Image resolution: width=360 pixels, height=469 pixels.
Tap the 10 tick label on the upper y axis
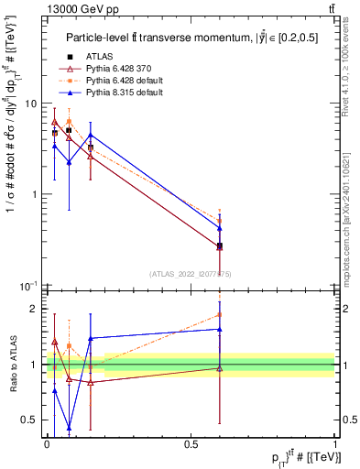(31, 104)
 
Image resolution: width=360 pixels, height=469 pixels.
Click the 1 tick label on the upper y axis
(35, 194)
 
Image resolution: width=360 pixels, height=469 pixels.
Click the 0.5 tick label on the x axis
(191, 443)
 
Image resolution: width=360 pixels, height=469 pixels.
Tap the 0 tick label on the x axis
(46, 443)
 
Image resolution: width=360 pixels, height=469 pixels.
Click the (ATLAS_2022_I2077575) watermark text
(191, 273)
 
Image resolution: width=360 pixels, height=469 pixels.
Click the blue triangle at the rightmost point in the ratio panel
(220, 329)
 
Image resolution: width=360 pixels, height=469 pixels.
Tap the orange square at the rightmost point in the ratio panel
(220, 314)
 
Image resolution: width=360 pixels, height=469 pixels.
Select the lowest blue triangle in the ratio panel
(70, 427)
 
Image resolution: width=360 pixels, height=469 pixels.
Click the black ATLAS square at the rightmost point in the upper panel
(220, 245)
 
